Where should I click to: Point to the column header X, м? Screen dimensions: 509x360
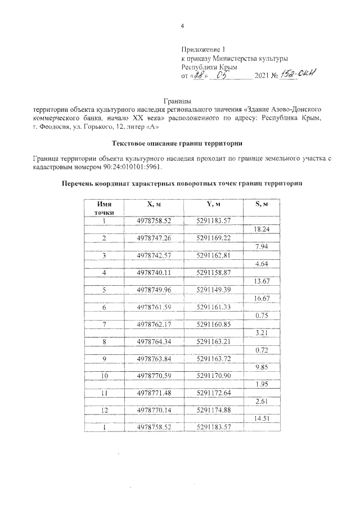pos(153,204)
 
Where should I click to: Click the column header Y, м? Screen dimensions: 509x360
pos(211,204)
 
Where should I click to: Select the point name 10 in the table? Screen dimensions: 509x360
pos(104,375)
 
